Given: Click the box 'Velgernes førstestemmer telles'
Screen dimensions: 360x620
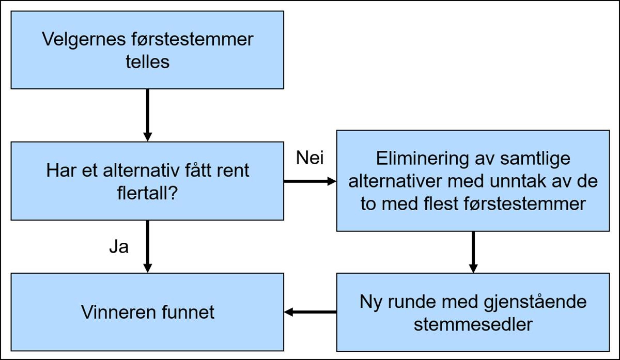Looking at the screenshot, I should [147, 50].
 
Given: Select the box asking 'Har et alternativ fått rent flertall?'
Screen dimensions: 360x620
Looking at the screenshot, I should [147, 181].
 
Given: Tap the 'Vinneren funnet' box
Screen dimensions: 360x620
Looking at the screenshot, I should [147, 312].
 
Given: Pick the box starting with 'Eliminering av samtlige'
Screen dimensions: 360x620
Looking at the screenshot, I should [473, 180].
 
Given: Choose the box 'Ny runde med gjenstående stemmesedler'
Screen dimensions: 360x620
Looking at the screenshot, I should [473, 312].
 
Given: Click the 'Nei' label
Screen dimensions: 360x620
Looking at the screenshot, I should [310, 158].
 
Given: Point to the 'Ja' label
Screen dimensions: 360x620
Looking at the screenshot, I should [118, 247].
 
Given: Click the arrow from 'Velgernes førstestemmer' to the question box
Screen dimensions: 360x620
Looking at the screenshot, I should [148, 115].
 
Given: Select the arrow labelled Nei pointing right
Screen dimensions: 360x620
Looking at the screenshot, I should [310, 181].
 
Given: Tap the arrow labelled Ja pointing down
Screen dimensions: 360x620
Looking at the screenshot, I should [148, 246].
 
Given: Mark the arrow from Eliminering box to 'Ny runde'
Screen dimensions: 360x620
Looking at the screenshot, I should [473, 252].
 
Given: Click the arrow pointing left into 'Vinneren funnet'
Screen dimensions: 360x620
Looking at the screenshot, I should [310, 312].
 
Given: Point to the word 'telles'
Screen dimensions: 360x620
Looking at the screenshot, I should [147, 62].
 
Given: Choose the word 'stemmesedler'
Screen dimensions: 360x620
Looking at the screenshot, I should [473, 324].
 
